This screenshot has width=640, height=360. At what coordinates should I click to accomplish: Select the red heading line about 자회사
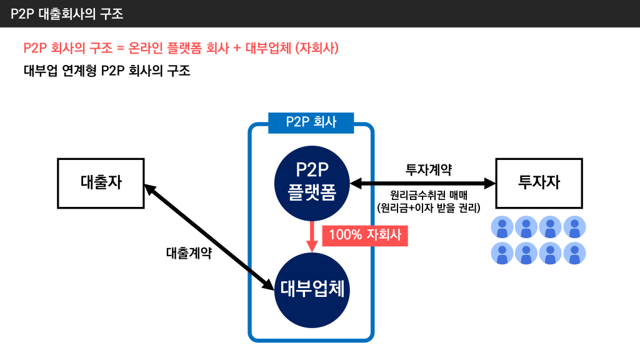pos(181,48)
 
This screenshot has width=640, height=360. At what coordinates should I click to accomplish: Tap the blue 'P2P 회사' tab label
pos(311,122)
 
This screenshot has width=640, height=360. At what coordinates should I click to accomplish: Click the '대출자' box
pos(101,183)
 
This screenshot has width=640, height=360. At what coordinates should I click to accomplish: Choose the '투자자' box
pos(539,183)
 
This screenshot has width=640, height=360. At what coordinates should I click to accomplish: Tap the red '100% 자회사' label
pos(365,235)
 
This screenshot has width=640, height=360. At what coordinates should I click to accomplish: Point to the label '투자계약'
pos(429,169)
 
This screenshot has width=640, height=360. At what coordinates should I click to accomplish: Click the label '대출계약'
pos(188,253)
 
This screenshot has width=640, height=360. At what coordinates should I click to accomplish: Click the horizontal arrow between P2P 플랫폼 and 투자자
pos(422,183)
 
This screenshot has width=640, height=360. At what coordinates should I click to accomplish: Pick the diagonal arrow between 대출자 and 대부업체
pos(209,237)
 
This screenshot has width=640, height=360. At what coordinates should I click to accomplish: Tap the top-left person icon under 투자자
pos(502,227)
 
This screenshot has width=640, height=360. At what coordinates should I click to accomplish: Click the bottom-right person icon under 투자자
pos(575,253)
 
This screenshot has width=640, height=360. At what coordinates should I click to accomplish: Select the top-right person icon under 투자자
pos(575,227)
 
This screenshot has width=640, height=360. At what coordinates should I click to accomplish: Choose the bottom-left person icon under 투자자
pos(502,253)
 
